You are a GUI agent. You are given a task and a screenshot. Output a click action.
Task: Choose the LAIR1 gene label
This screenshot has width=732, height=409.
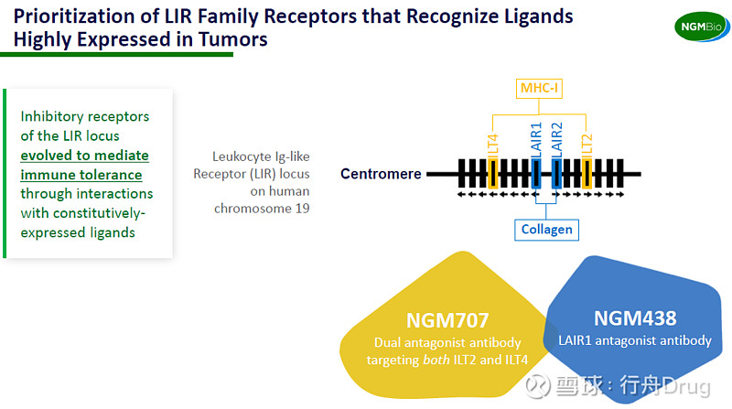[536, 141]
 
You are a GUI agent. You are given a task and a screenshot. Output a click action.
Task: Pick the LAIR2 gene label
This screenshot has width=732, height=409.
[558, 141]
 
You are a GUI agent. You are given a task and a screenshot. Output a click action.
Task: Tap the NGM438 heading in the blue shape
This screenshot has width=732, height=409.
[635, 318]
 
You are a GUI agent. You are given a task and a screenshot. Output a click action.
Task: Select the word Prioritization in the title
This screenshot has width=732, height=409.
[72, 16]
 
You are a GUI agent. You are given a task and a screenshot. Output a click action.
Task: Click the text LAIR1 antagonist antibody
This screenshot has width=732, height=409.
[635, 340]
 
